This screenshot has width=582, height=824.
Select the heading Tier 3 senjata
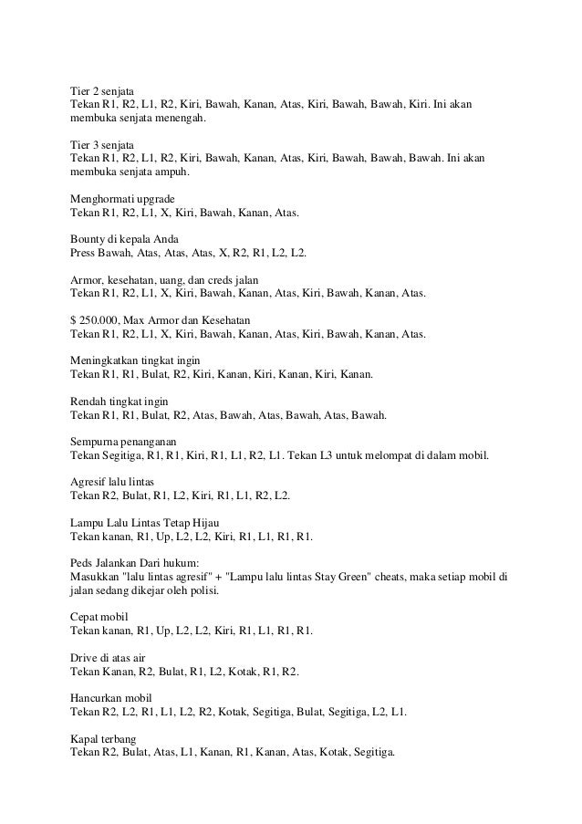tap(102, 145)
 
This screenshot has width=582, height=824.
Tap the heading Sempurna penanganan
tap(118, 440)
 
